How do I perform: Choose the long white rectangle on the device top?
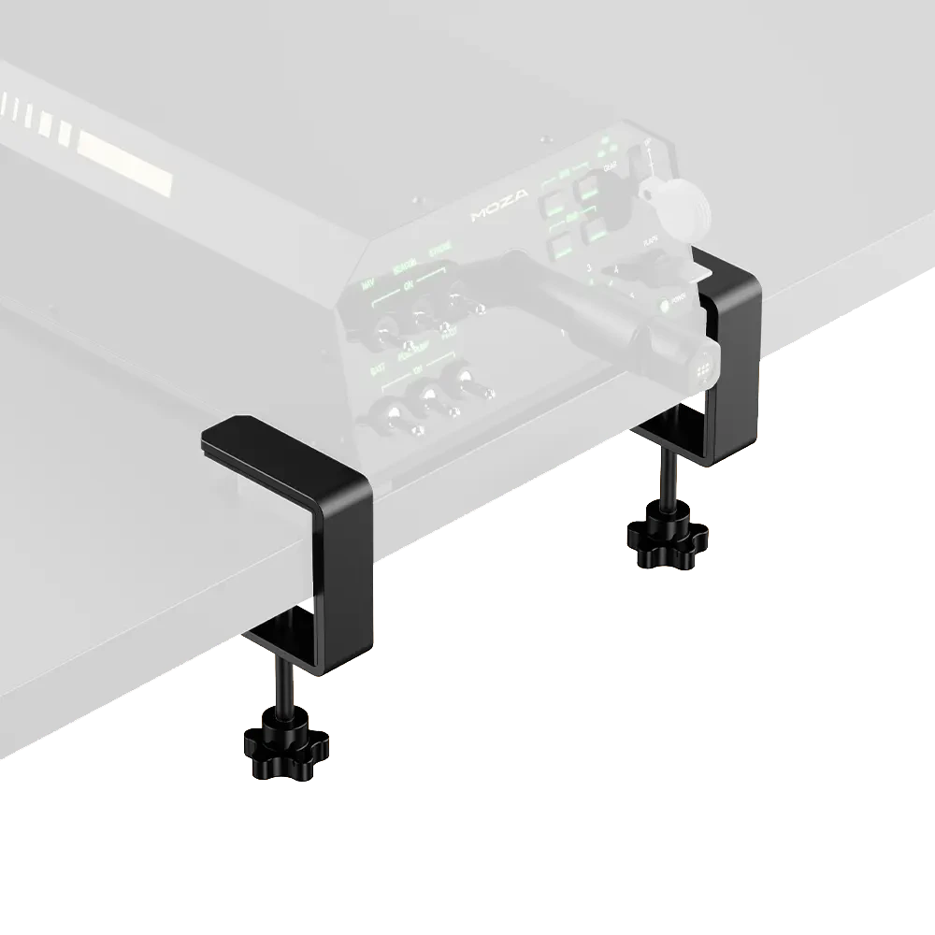[122, 146]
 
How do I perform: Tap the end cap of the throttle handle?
[704, 365]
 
